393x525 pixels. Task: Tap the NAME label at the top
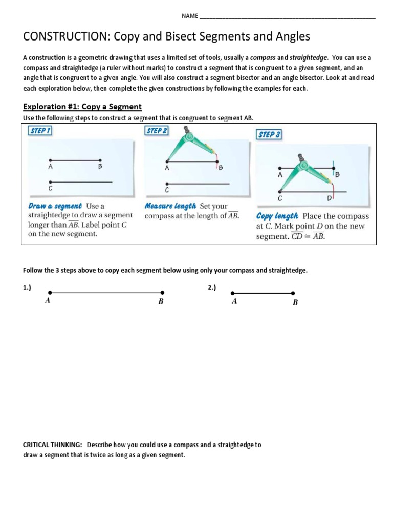coord(189,16)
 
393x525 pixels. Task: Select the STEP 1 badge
coord(40,131)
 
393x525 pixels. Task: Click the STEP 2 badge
coord(157,131)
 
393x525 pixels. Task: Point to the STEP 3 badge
coord(269,135)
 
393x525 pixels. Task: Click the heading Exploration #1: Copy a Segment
coord(82,107)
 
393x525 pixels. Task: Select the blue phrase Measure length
coord(170,206)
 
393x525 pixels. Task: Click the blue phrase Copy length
coord(277,216)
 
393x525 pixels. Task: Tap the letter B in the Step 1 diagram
coord(100,167)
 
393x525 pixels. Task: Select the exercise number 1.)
coord(27,288)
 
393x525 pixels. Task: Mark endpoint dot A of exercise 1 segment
coord(49,293)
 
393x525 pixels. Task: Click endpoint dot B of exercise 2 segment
coord(293,293)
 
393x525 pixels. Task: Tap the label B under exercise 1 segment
coord(160,302)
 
